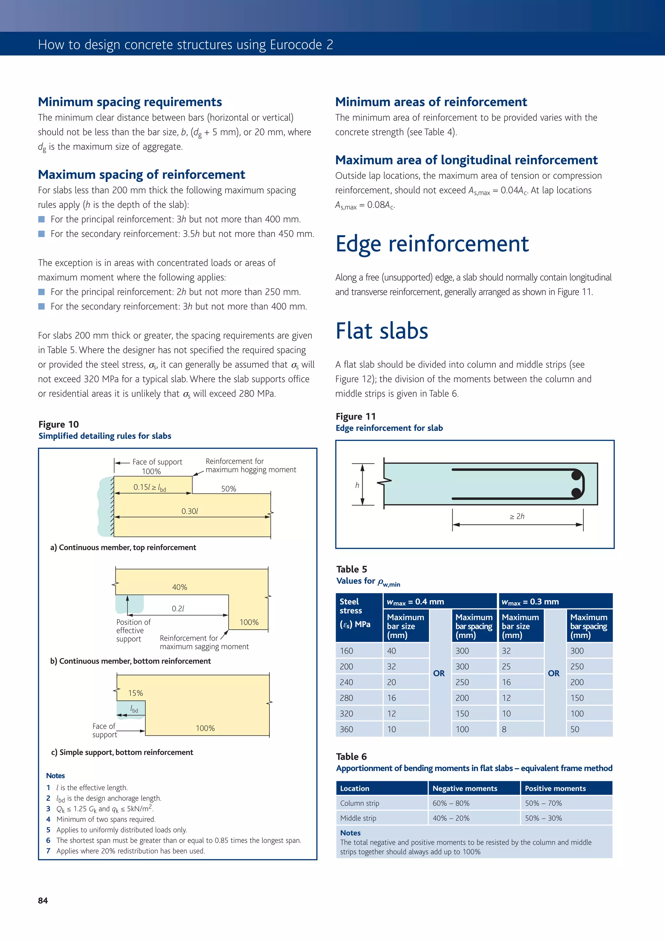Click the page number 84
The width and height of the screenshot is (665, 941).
point(43,900)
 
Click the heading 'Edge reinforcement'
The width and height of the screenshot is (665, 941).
point(432,244)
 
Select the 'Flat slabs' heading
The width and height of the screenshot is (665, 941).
point(382,331)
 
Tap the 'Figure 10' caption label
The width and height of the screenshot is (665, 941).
point(58,424)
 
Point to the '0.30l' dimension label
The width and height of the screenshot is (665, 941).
point(190,511)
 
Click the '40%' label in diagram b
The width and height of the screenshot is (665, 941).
point(180,587)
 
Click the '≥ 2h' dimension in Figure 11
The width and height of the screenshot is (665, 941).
point(517,516)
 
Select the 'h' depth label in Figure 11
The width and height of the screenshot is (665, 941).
point(357,485)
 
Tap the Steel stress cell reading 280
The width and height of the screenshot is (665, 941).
point(347,698)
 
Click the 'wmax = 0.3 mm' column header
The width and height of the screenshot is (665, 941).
point(530,602)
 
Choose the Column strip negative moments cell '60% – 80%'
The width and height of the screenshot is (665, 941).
point(451,803)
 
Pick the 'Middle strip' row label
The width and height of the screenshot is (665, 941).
point(358,818)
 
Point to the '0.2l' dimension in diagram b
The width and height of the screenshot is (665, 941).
point(178,609)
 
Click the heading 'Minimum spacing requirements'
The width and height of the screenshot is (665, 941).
point(130,102)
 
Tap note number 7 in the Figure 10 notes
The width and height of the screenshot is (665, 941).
point(48,851)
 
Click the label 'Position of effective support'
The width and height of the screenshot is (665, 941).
point(133,630)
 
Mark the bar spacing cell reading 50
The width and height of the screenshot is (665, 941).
point(575,729)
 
